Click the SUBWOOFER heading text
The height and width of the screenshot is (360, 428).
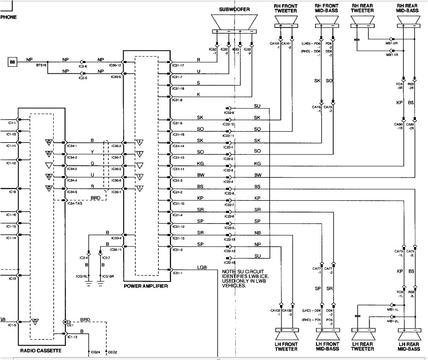[x=234, y=9]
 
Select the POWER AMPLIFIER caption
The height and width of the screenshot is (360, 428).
[x=146, y=286]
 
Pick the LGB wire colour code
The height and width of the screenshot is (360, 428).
[x=202, y=268]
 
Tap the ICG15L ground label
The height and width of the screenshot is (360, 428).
[x=82, y=276]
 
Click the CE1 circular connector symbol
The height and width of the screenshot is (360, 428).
[x=66, y=322]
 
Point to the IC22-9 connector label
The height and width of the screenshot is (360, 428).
[x=228, y=113]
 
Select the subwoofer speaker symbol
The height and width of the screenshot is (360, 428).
[x=234, y=22]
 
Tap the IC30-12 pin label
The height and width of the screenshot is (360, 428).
[x=116, y=65]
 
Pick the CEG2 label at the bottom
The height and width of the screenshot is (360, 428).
[x=112, y=352]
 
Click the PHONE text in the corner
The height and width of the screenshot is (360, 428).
[x=8, y=17]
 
